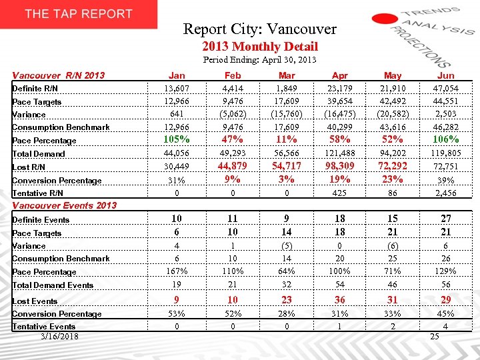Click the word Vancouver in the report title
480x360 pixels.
click(x=307, y=29)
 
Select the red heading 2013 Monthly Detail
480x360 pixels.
click(x=259, y=46)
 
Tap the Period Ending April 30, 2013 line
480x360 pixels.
click(x=259, y=60)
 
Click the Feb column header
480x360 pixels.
click(x=233, y=75)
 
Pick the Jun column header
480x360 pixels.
click(x=445, y=75)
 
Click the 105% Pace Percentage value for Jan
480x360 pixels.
click(x=177, y=139)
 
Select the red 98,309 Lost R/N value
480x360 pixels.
click(x=339, y=166)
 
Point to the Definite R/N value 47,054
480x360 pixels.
click(x=445, y=88)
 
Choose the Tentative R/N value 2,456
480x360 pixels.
click(x=445, y=193)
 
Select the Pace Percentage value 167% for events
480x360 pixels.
click(x=177, y=271)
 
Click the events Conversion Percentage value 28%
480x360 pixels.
click(x=286, y=314)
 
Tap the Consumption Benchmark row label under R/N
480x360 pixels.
click(x=61, y=127)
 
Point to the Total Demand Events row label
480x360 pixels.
click(x=53, y=285)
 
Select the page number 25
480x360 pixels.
click(x=435, y=336)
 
